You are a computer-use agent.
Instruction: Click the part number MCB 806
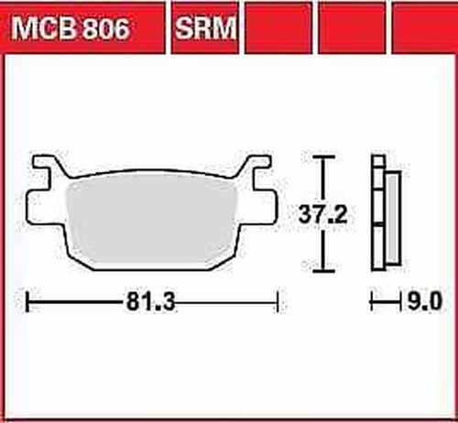click(x=71, y=28)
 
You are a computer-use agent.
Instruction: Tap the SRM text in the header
click(x=205, y=28)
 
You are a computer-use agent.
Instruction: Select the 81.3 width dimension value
click(x=150, y=302)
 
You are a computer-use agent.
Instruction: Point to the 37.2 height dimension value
click(x=322, y=214)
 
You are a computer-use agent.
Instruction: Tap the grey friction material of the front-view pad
click(x=152, y=222)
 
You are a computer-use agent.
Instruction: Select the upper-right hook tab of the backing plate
click(x=256, y=166)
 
